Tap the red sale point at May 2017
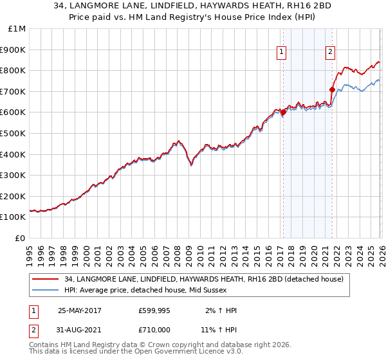pos(283,113)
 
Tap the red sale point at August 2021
pos(332,89)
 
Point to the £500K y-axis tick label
pos(13,134)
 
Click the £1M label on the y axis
pos(17,29)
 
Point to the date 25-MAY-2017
pos(84,310)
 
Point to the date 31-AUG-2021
pos(84,328)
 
